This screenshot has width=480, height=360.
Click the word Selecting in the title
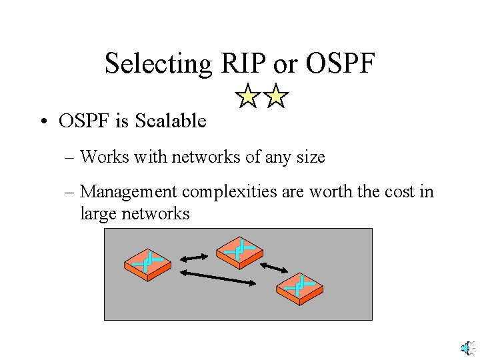158,64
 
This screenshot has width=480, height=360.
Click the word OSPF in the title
339,64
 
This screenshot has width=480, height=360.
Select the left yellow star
248,97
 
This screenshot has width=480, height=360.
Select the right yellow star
275,97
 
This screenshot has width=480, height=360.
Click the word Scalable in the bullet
171,121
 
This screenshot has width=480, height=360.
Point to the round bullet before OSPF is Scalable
43,121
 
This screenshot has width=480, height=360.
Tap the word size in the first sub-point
311,157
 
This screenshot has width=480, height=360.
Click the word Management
129,193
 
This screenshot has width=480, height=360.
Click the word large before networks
97,214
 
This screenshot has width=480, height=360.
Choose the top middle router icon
239,251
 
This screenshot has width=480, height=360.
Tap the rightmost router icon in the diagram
299,289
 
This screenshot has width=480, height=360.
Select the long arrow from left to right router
218,277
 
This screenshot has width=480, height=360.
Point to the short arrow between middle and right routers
273,267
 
